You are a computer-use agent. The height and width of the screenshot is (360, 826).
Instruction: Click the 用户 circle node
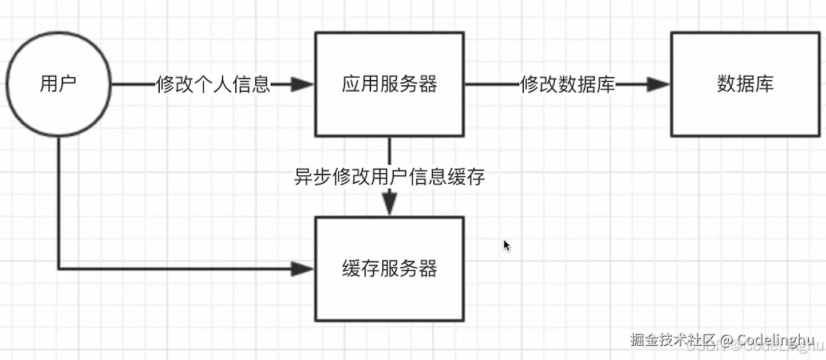pos(58,85)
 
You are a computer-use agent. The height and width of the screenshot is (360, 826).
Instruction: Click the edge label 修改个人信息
pos(213,85)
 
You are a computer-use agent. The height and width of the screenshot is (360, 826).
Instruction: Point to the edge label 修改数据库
pos(567,85)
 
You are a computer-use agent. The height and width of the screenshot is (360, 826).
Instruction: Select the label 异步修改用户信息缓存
pos(389,177)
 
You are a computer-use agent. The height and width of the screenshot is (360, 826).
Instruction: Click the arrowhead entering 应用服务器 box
pos(302,85)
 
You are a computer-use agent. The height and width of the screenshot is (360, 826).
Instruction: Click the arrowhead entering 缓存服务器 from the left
pos(302,268)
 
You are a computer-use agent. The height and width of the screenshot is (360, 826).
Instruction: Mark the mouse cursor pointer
pos(507,245)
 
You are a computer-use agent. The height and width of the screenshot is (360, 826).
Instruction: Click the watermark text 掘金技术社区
pos(673,341)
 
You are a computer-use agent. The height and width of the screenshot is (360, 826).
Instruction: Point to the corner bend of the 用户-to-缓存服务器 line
pos(58,268)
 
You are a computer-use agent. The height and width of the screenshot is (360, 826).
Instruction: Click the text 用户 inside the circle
pos(58,85)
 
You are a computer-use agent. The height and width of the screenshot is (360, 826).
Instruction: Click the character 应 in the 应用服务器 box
pos(351,85)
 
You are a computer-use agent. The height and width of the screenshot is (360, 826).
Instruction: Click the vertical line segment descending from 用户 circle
pos(58,200)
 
